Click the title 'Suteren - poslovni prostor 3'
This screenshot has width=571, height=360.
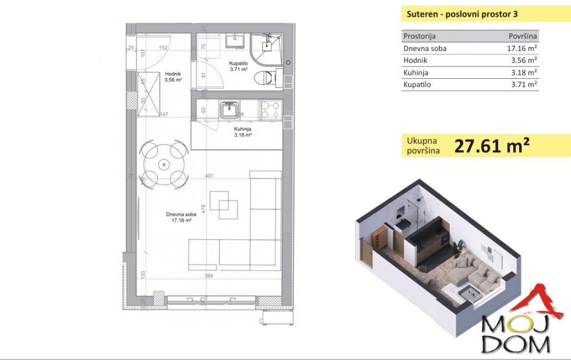pos(455,14)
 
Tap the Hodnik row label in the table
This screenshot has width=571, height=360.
pos(415,61)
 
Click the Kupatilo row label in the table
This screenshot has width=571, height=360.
pos(417,85)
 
